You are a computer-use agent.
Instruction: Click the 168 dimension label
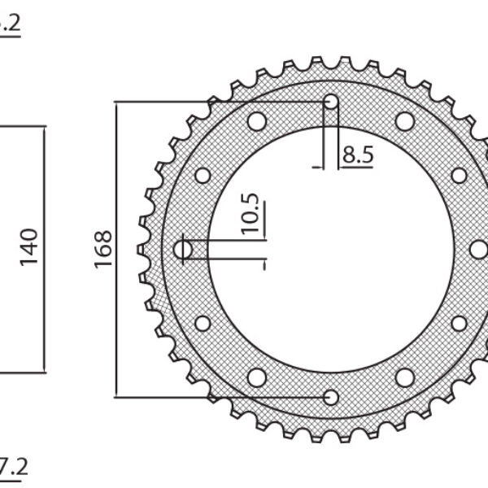103,249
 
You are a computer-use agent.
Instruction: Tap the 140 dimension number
28,247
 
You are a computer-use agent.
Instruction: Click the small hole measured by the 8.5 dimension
331,102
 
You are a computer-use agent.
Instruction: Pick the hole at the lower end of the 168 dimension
331,397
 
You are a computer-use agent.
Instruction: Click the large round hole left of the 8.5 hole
257,122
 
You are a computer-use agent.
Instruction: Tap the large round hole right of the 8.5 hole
405,122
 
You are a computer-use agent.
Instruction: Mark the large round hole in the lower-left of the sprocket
257,377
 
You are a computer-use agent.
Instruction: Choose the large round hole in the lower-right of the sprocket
405,377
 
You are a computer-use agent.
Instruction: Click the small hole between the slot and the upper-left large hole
203,175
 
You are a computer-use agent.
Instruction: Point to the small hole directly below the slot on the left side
203,324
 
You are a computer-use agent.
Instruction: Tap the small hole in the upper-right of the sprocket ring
459,175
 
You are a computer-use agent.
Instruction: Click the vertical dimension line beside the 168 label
116,249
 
